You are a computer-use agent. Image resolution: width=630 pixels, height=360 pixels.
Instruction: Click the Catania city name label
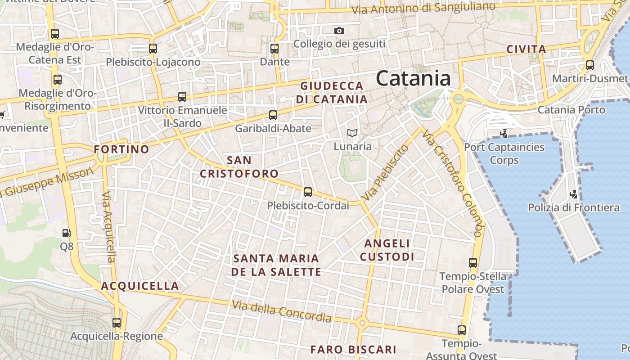413,78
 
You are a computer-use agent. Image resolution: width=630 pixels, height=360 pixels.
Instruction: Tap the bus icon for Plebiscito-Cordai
308,192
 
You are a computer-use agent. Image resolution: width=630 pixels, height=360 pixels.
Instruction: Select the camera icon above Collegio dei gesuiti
339,31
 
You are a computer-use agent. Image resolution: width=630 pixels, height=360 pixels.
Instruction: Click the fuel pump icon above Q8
66,233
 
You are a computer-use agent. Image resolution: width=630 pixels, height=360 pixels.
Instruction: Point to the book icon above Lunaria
352,133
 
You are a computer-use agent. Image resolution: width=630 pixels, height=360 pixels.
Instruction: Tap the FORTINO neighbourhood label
121,149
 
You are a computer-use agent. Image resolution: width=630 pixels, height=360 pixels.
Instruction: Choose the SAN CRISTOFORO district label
239,166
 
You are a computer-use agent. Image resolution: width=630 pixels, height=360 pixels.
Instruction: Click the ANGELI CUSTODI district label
387,250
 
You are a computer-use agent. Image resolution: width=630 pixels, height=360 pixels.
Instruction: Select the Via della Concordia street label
282,311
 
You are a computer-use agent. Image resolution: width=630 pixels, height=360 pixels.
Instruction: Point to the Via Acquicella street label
109,227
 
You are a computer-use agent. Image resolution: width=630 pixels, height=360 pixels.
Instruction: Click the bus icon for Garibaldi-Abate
273,115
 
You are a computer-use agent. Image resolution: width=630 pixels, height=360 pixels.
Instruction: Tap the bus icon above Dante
274,49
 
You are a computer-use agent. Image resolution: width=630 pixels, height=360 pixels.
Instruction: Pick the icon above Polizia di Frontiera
573,194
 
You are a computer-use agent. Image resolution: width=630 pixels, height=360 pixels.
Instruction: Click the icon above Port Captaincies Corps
504,133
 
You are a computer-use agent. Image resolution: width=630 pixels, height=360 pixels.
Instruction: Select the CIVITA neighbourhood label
526,49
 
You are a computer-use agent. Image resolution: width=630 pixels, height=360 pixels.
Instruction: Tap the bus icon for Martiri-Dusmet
590,65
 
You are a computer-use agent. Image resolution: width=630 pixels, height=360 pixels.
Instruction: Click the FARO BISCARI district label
353,350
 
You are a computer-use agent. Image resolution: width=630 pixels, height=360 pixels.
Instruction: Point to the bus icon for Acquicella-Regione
117,322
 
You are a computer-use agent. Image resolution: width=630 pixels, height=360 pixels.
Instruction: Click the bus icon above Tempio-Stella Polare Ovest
473,263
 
